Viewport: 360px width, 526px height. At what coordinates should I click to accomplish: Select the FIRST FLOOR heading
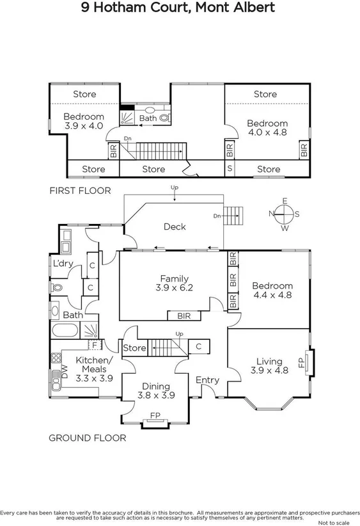coord(80,191)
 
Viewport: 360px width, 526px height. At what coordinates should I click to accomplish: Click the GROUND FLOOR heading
coord(88,438)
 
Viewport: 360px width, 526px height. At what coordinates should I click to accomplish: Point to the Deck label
coord(174,227)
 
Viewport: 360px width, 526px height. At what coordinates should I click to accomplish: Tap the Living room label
coord(269,361)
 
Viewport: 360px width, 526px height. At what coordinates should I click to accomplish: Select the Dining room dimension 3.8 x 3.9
coord(156,395)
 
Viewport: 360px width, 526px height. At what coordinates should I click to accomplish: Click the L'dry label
coord(63,264)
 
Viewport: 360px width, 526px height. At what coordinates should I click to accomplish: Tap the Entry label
coord(207,380)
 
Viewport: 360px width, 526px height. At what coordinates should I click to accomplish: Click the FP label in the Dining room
coord(155,415)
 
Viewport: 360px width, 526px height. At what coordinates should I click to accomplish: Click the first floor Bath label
coord(148,118)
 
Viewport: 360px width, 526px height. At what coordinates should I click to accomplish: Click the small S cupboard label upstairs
coord(230,169)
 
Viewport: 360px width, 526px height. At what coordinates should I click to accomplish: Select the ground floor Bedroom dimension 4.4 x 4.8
coord(272,296)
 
